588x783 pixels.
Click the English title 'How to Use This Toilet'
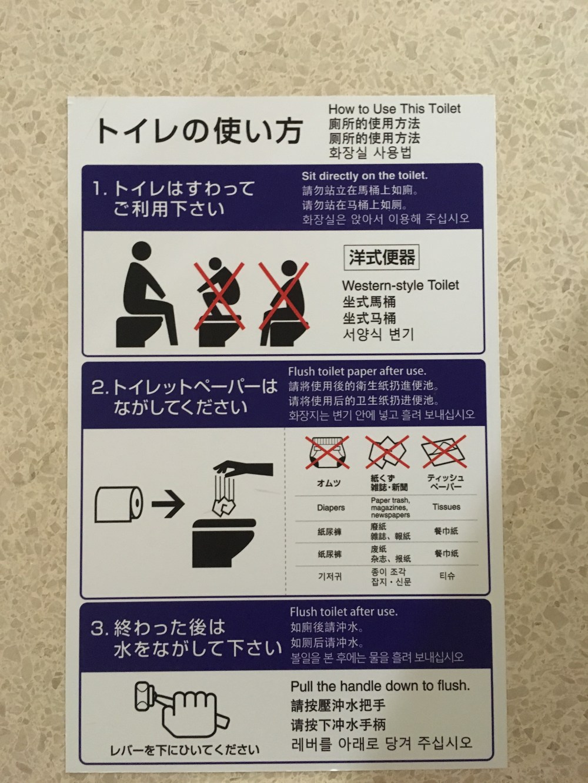(x=395, y=109)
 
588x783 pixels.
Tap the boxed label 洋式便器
(x=382, y=257)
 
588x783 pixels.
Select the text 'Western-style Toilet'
(x=400, y=285)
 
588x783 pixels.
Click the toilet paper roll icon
(x=119, y=505)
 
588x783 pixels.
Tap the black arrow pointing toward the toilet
(x=168, y=504)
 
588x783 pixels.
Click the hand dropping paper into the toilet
(x=243, y=468)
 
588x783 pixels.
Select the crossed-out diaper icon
(x=328, y=452)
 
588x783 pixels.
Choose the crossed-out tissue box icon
(x=444, y=451)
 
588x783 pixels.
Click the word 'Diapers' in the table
(x=330, y=508)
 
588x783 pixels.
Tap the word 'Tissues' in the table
(x=446, y=506)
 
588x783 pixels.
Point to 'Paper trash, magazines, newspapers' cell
(x=390, y=508)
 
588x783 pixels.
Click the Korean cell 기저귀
(x=330, y=576)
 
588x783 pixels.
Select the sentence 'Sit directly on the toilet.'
(x=365, y=176)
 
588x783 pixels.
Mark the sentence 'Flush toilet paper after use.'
(x=357, y=371)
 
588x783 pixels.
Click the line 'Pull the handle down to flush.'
(x=380, y=685)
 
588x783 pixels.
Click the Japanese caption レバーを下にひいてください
(x=185, y=751)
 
